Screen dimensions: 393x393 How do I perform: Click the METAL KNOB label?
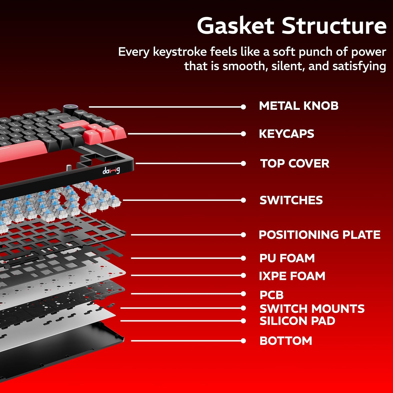pyautogui.click(x=299, y=106)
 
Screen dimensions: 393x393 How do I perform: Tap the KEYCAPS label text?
pyautogui.click(x=286, y=134)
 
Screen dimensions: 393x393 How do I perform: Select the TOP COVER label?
pyautogui.click(x=295, y=163)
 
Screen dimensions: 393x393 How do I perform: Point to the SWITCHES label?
pyautogui.click(x=291, y=200)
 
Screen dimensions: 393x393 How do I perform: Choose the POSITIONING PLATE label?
pyautogui.click(x=320, y=235)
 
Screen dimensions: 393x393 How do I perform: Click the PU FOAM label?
pyautogui.click(x=287, y=258)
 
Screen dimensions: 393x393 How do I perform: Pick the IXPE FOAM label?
pyautogui.click(x=292, y=276)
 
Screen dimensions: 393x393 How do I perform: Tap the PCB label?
pyautogui.click(x=272, y=295)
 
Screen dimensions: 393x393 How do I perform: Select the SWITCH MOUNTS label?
pyautogui.click(x=312, y=309)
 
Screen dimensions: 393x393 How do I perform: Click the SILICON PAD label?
pyautogui.click(x=297, y=321)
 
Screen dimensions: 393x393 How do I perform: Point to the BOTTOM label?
pyautogui.click(x=286, y=341)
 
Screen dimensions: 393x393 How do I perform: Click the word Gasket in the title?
pyautogui.click(x=236, y=26)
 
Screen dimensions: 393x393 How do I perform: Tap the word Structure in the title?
pyautogui.click(x=334, y=26)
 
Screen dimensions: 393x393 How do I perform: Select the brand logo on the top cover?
pyautogui.click(x=111, y=171)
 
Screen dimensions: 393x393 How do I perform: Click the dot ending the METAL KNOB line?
pyautogui.click(x=243, y=107)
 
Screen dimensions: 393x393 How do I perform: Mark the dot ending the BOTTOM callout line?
pyautogui.click(x=243, y=341)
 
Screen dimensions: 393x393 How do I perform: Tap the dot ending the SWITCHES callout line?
pyautogui.click(x=243, y=200)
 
